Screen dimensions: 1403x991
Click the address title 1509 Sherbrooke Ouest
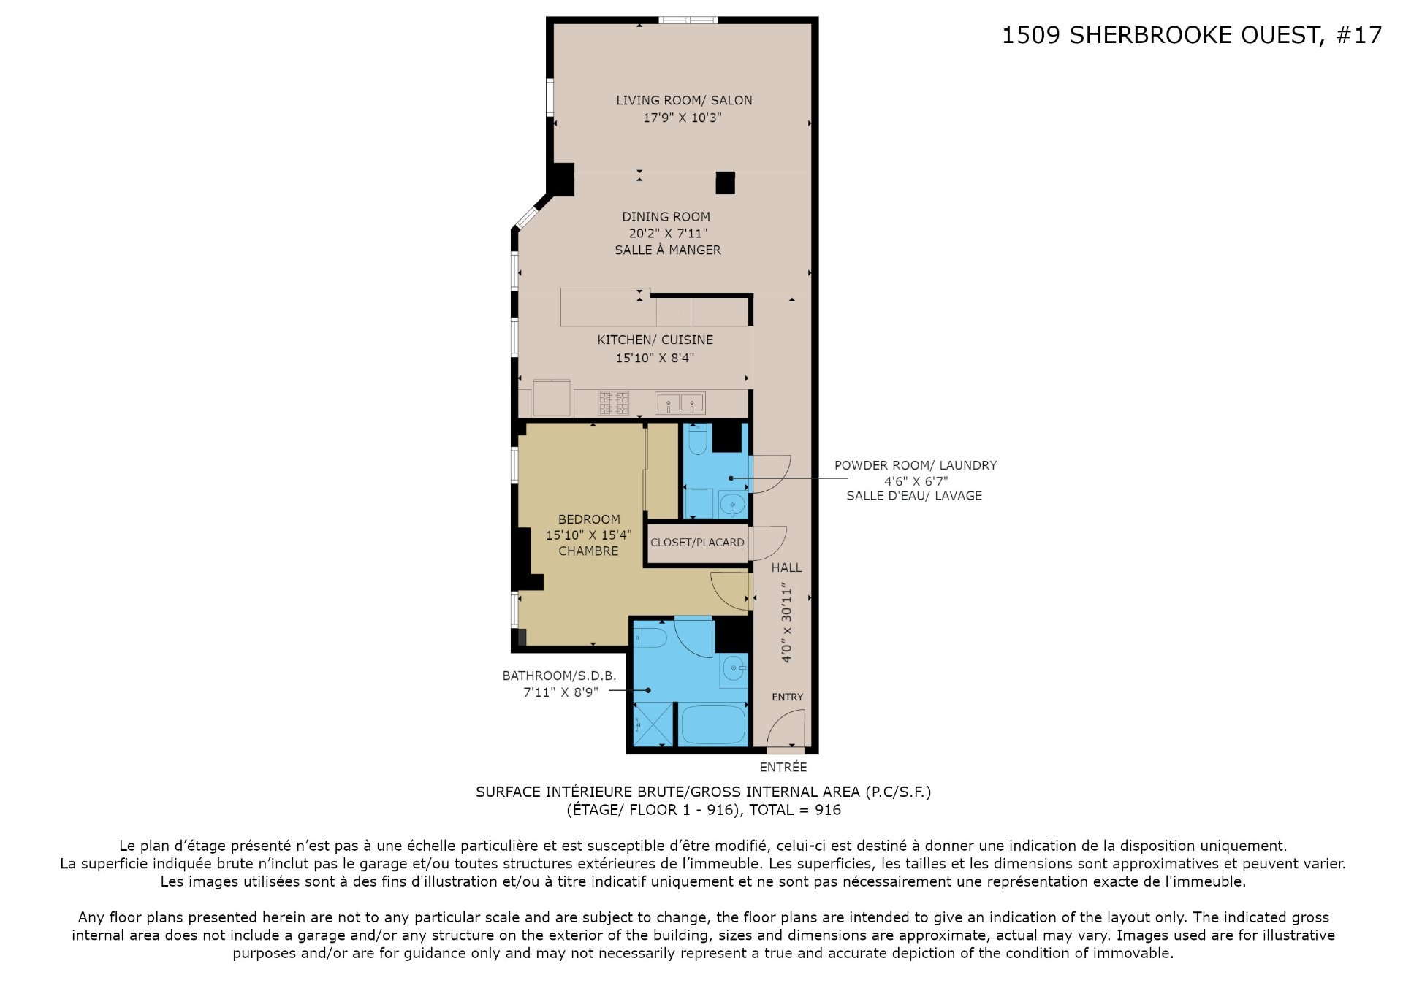tap(1161, 35)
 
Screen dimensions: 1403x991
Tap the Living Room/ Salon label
tap(684, 100)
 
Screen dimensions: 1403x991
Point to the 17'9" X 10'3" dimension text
tap(683, 118)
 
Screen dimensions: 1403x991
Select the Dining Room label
tap(666, 216)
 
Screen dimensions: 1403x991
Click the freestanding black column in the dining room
tap(725, 183)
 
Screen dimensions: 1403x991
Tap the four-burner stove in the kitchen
tap(614, 403)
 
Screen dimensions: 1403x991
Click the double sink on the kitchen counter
tap(680, 402)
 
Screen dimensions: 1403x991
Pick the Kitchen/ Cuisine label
tap(655, 340)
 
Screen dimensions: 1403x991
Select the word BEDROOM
tap(589, 519)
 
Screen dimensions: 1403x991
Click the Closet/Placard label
tap(697, 543)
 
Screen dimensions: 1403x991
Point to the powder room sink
tap(732, 504)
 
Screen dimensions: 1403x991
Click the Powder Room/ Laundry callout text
tap(915, 465)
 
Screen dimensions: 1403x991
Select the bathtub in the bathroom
tap(712, 724)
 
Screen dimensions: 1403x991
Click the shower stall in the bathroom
tap(652, 724)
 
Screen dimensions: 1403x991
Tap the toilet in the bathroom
tap(650, 638)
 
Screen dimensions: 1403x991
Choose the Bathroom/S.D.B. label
tap(559, 676)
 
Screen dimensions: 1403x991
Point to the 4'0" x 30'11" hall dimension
tap(786, 622)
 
